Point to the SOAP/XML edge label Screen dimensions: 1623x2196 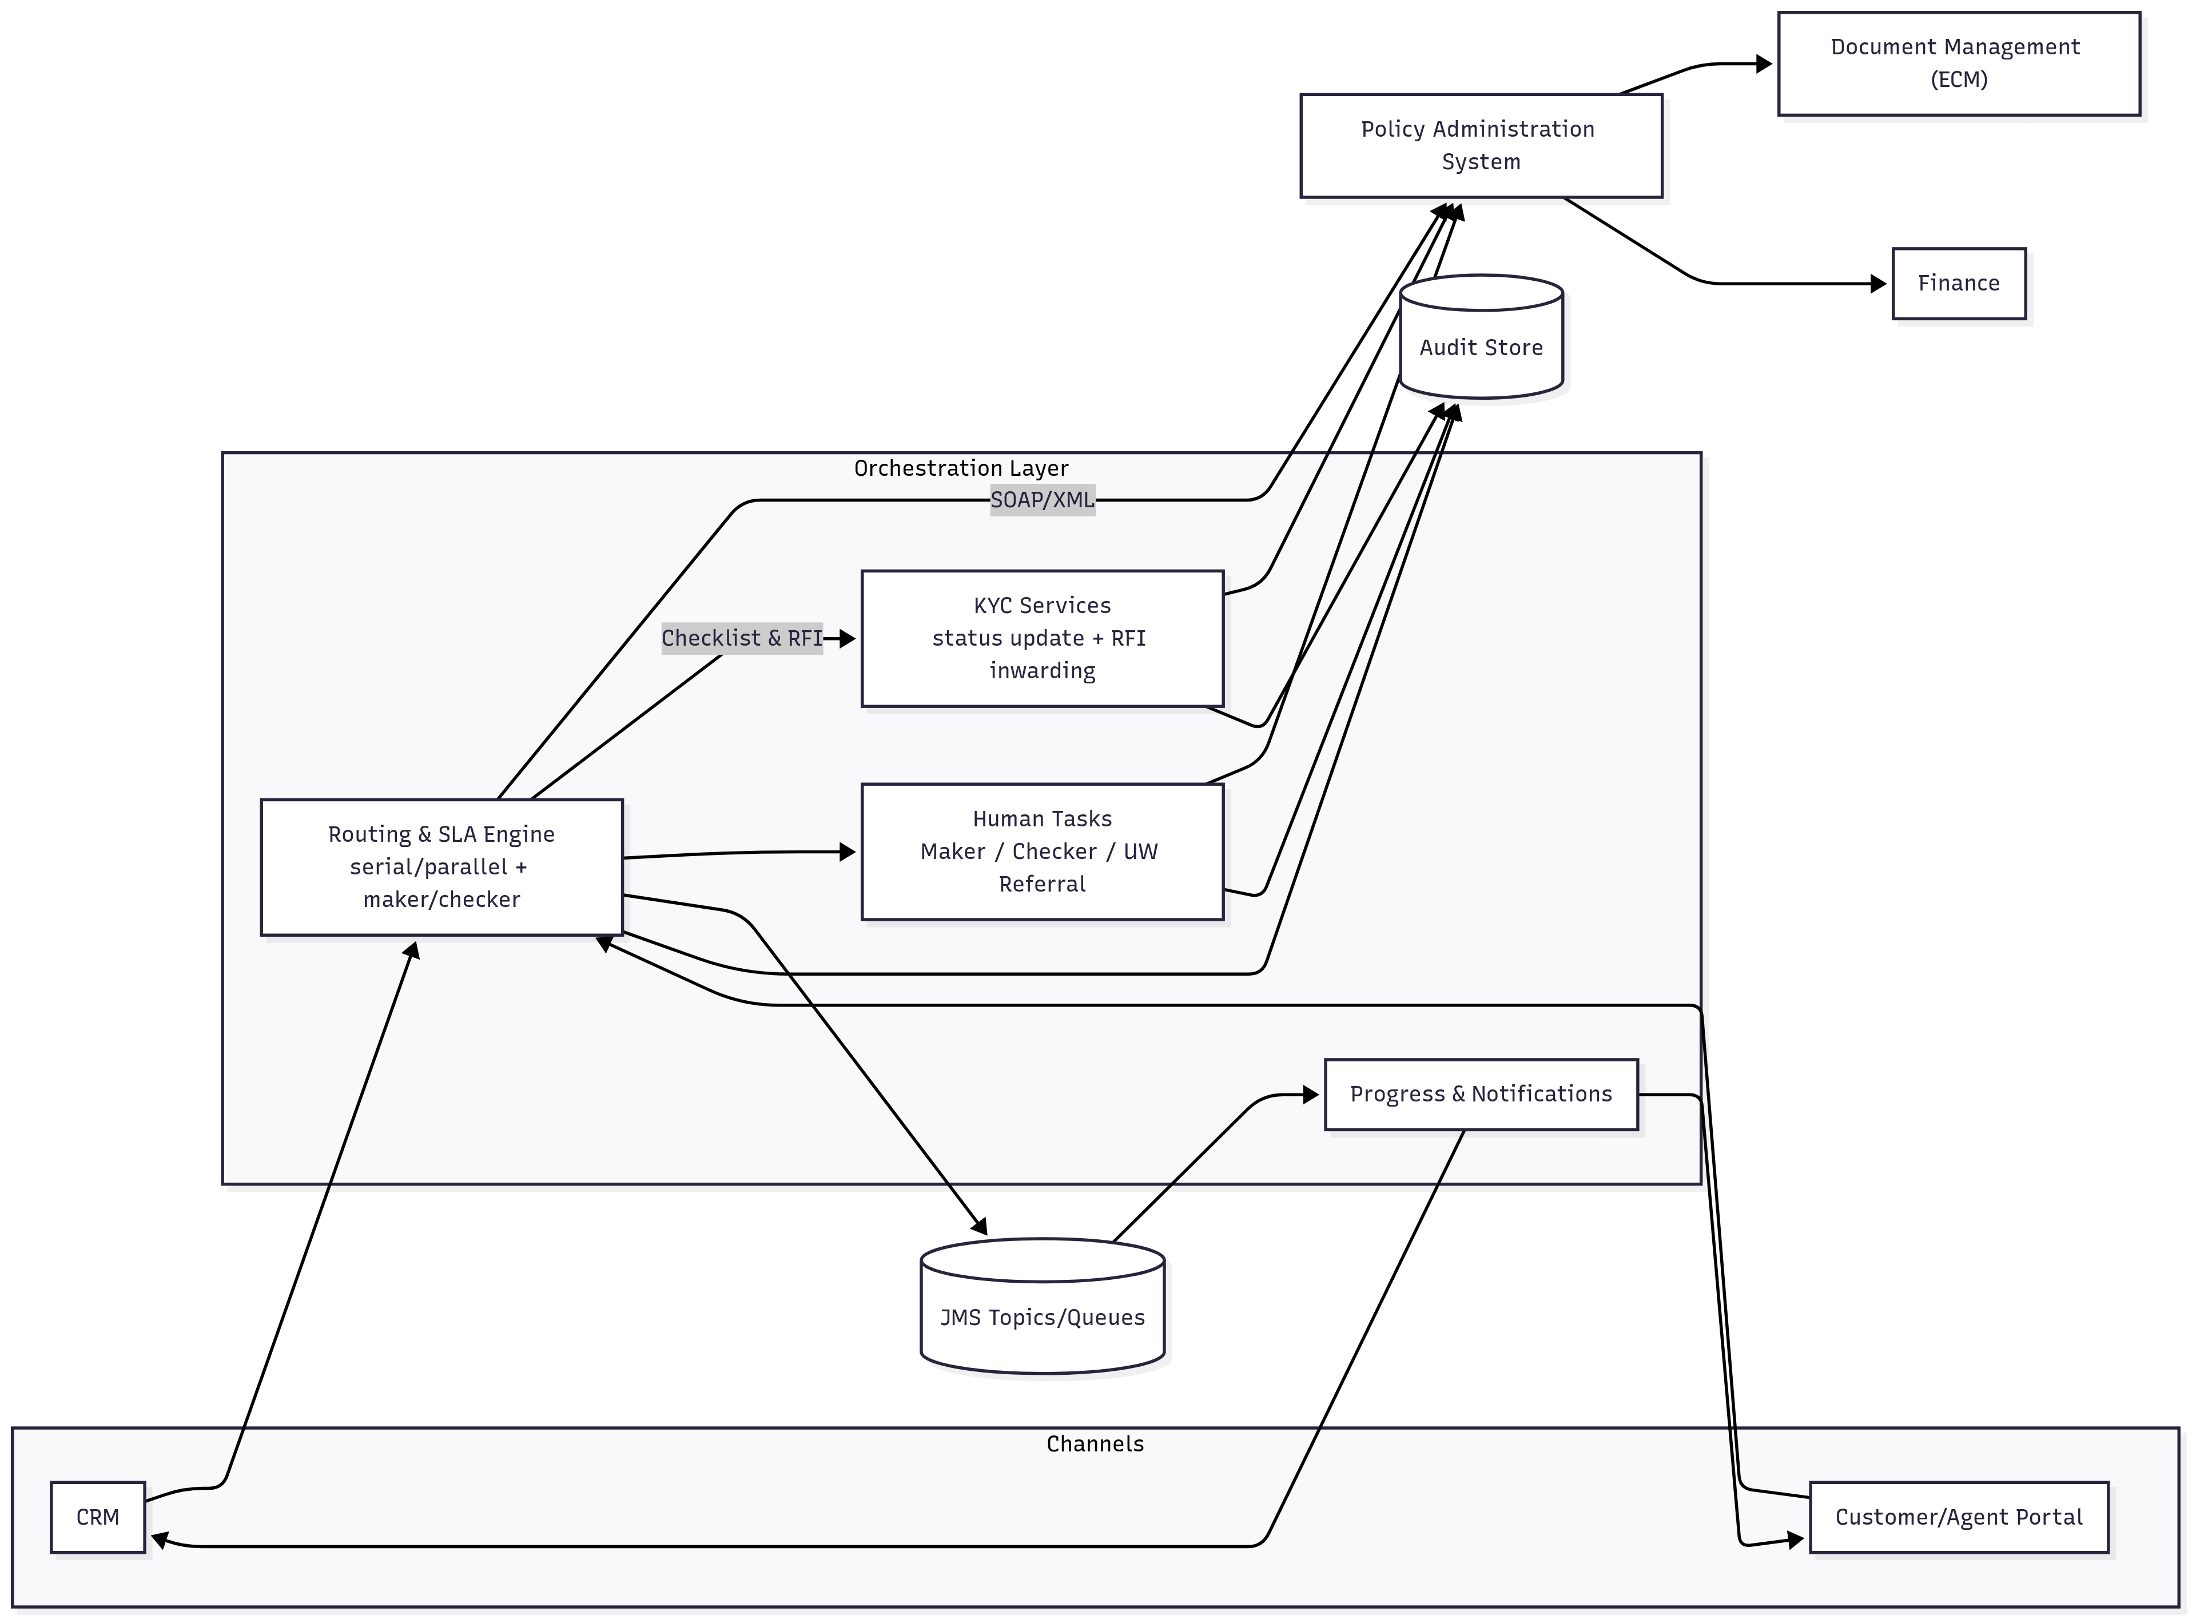click(x=1041, y=500)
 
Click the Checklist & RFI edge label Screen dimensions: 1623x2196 click(x=741, y=639)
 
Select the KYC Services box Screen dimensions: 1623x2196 click(x=1041, y=639)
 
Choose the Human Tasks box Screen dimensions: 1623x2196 click(x=1041, y=852)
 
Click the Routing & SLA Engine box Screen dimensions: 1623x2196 click(x=441, y=866)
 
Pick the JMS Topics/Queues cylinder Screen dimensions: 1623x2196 click(x=1041, y=1316)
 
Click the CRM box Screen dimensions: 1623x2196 click(x=97, y=1517)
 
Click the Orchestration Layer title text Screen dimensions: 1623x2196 click(x=960, y=468)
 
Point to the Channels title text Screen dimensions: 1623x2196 click(x=1095, y=1444)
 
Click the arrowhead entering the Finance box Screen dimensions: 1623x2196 click(x=1879, y=284)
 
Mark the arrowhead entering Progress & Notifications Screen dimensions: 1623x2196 click(x=1311, y=1095)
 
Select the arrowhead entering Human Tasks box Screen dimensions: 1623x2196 click(x=848, y=852)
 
